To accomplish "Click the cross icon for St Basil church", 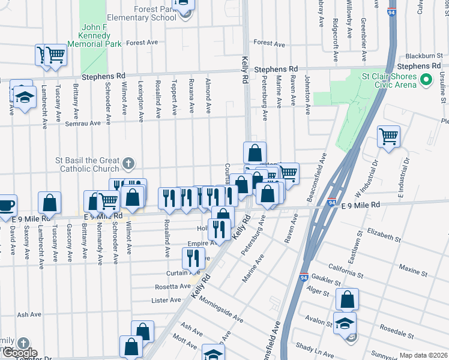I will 128,163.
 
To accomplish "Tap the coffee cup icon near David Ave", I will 6,206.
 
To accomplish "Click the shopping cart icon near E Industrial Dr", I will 388,136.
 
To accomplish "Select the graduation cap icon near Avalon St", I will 345,323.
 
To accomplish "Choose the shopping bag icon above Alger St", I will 347,299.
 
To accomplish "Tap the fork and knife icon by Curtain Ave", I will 193,258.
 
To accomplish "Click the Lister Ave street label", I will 166,300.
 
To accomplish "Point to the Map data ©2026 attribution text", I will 423,355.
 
